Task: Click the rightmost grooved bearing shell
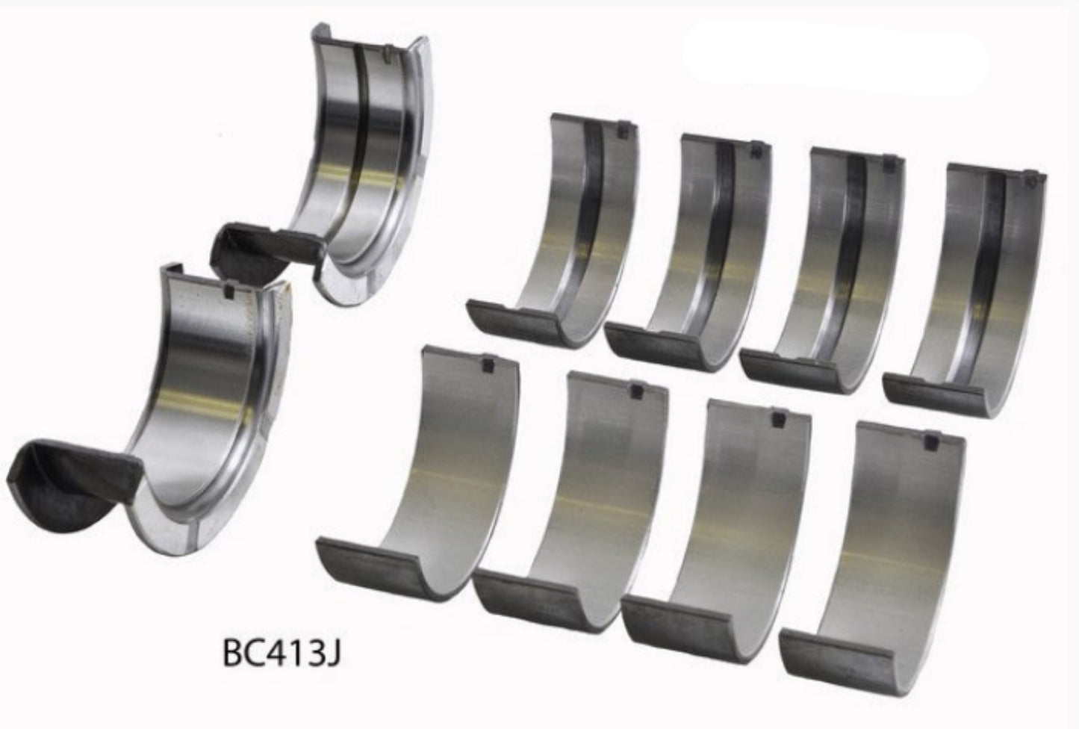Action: tap(963, 284)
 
